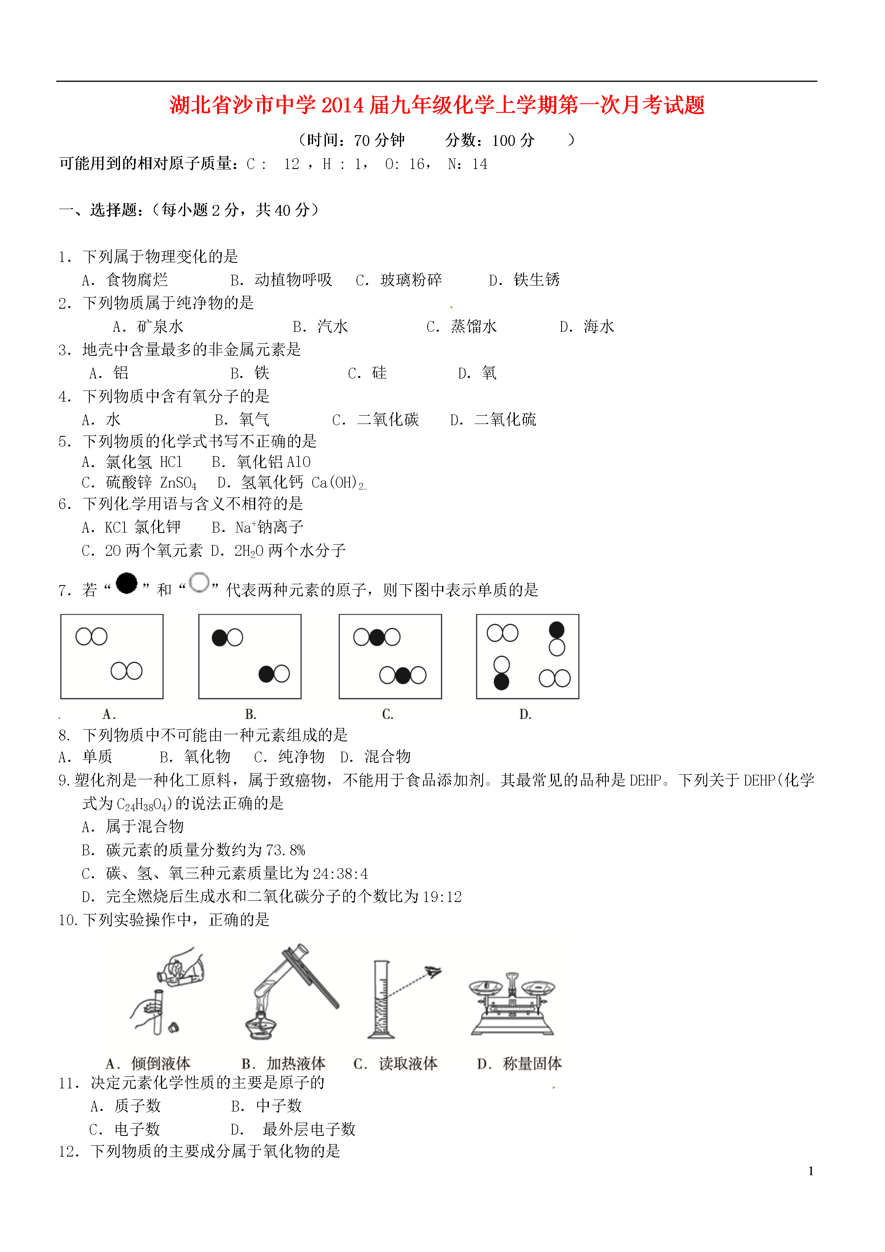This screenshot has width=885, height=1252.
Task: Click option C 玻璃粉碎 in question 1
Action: [410, 280]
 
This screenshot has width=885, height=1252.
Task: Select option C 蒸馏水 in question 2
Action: [473, 326]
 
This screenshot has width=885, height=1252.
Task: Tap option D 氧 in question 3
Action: [488, 373]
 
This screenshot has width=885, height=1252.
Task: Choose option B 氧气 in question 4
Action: [254, 419]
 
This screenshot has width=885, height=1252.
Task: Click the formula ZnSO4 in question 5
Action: [178, 483]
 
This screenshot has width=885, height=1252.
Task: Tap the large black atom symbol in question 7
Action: [127, 583]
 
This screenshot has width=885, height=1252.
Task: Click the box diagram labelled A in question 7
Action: [112, 656]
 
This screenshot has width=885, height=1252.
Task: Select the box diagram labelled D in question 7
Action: [527, 656]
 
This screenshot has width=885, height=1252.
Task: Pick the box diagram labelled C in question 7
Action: [390, 656]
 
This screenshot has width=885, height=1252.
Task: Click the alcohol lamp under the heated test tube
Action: [261, 1025]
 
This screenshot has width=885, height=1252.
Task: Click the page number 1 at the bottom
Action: [811, 1171]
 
